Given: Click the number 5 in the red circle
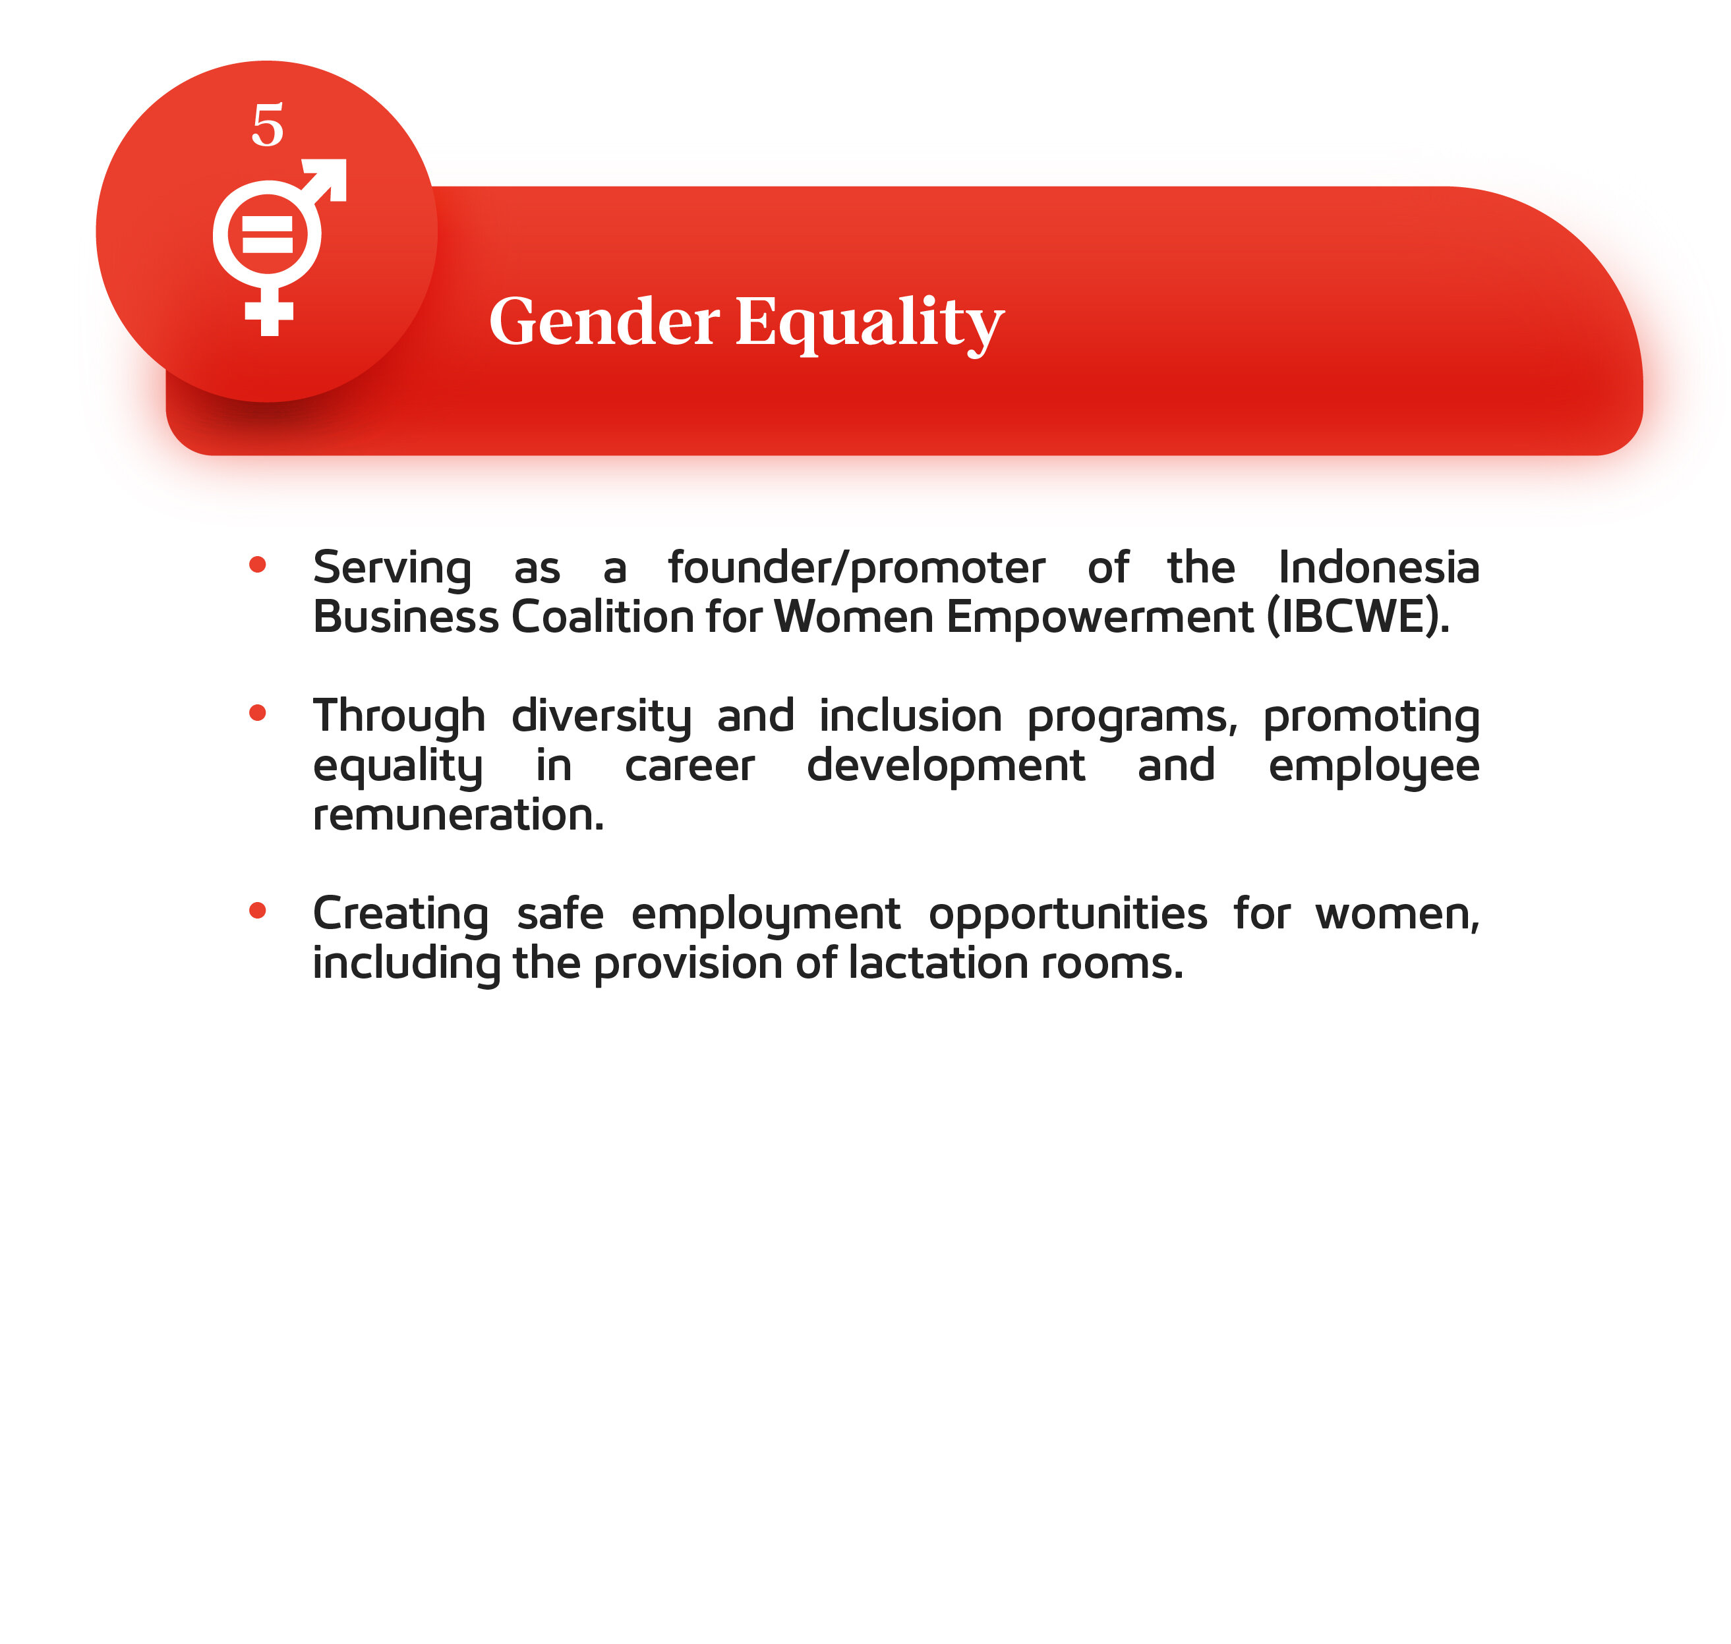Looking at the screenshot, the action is click(268, 125).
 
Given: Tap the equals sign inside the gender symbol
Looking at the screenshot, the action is click(268, 234).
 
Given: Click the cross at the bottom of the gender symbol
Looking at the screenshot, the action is click(268, 313).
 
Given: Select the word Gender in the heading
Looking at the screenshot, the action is click(604, 321).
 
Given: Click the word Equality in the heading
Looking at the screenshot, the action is click(869, 324).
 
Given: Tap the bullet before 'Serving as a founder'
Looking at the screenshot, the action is click(258, 564).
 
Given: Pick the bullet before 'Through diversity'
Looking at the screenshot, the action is click(258, 712).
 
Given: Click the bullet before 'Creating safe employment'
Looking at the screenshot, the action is click(258, 911).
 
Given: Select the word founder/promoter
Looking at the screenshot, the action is click(856, 568).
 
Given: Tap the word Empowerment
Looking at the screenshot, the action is click(1100, 618).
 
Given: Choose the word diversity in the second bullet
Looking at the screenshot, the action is click(601, 718).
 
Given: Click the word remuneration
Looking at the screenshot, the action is click(458, 815).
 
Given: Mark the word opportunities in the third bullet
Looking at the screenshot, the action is click(1067, 915).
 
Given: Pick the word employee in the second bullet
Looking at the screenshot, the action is click(1374, 768).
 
